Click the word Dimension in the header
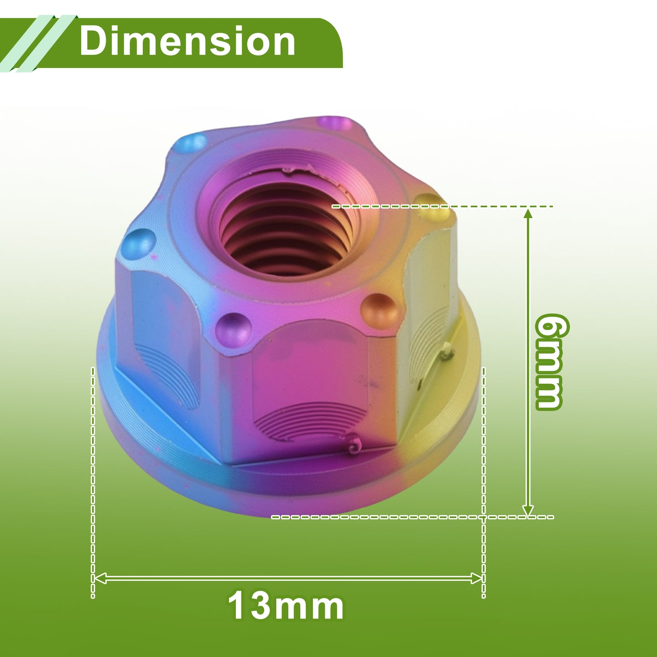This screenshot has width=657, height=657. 187,41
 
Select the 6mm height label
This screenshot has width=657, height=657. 550,362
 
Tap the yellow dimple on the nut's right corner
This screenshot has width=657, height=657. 434,207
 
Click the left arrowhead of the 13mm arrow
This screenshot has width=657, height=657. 99,578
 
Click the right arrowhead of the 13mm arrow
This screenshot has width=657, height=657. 477,578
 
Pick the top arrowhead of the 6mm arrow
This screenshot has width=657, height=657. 528,214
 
